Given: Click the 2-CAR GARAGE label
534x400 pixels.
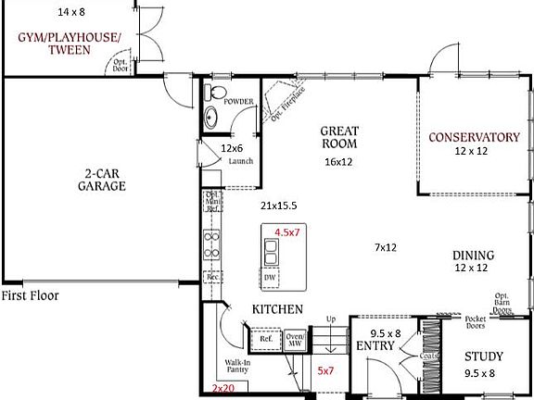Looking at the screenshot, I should pyautogui.click(x=102, y=179).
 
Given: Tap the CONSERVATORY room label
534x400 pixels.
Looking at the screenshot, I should pyautogui.click(x=474, y=137).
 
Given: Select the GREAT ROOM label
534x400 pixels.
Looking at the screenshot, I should pyautogui.click(x=339, y=137).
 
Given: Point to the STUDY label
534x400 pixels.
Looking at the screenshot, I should pyautogui.click(x=483, y=356).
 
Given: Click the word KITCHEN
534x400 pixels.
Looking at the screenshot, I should pyautogui.click(x=278, y=308).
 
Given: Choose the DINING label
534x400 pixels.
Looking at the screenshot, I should pyautogui.click(x=473, y=256).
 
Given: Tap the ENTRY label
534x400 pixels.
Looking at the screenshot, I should pyautogui.click(x=376, y=345).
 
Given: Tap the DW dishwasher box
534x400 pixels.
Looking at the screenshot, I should pyautogui.click(x=270, y=277).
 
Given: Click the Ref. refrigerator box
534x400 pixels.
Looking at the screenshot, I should pyautogui.click(x=265, y=339).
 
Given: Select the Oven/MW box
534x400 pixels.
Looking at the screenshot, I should pyautogui.click(x=295, y=340).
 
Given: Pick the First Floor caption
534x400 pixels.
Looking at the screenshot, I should pyautogui.click(x=30, y=296).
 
